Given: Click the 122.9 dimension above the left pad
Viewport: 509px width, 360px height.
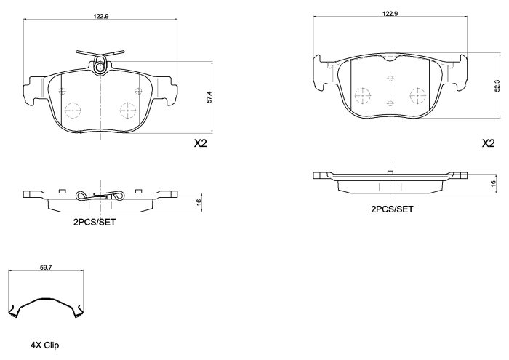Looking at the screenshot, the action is click(x=101, y=16).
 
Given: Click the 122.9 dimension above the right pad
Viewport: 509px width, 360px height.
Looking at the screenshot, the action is click(x=390, y=13).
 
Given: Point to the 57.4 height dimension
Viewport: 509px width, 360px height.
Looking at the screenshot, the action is click(x=209, y=97).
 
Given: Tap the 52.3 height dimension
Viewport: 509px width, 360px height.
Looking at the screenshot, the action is click(x=497, y=86).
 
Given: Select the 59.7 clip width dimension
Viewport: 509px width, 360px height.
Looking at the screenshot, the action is click(x=46, y=268).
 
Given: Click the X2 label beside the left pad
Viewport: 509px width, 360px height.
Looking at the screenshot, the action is click(x=200, y=143).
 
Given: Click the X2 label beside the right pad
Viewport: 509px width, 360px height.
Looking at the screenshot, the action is click(x=488, y=143).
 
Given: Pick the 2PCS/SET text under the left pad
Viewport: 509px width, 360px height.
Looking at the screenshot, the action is click(x=94, y=223).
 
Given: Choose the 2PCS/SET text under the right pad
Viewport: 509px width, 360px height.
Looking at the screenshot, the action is click(x=392, y=209).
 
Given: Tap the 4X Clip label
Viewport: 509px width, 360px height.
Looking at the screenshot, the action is click(x=44, y=345).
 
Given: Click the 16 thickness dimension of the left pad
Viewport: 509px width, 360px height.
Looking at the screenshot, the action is click(x=199, y=201).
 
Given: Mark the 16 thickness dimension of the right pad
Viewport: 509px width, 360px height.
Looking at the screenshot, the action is click(x=494, y=184).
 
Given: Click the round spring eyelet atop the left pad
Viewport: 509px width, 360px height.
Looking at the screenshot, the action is click(x=100, y=67).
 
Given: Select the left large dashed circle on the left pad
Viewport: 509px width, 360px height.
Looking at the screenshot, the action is click(x=73, y=110).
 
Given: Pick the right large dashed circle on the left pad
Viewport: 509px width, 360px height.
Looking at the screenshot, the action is click(x=128, y=111).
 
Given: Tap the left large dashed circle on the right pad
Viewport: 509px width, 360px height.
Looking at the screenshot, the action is click(x=363, y=96).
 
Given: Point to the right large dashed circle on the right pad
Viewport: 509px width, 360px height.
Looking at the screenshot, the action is click(x=418, y=96).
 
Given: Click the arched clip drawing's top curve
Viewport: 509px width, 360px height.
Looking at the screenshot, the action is click(x=46, y=300).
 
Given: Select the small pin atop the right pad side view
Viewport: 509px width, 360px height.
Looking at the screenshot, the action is click(x=390, y=172).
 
